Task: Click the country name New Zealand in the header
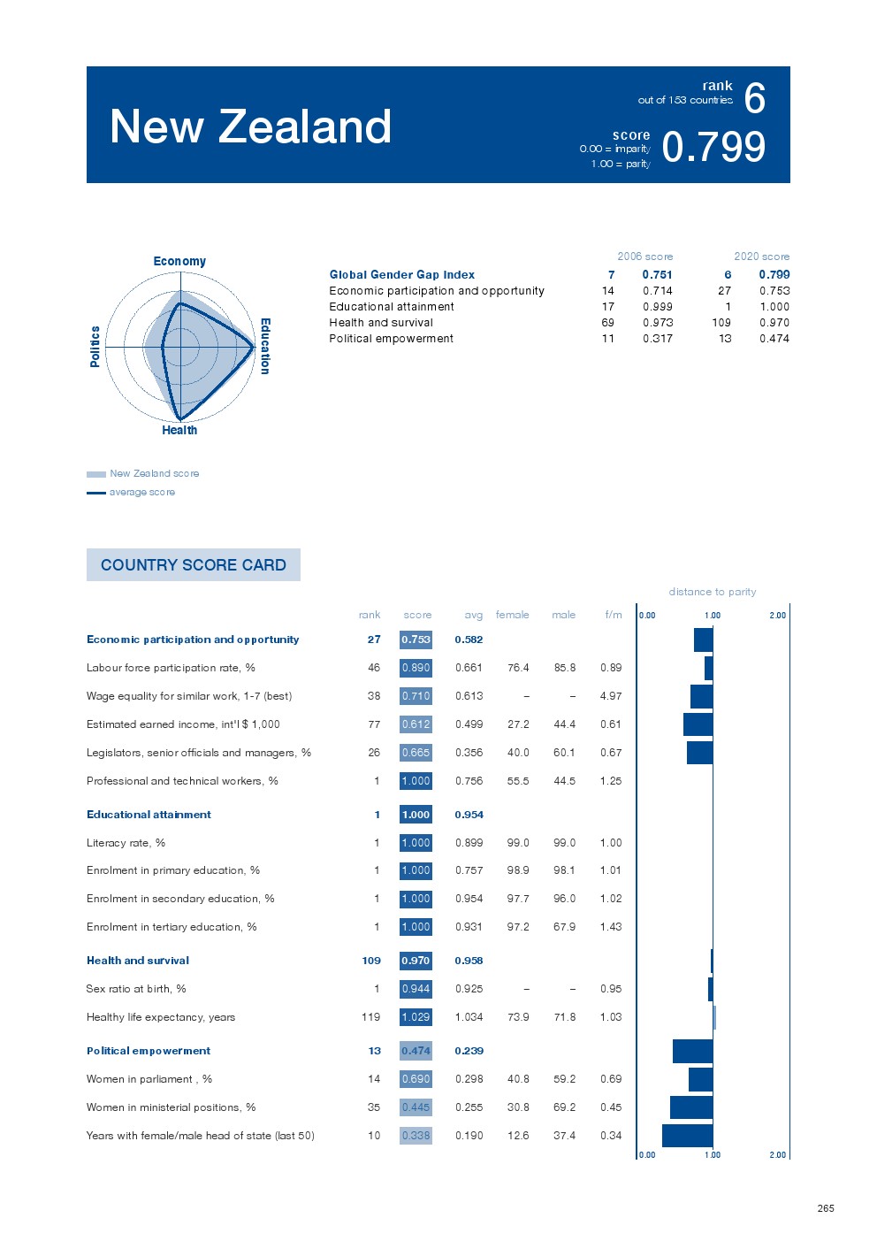pyautogui.click(x=250, y=126)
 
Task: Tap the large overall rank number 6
pyautogui.click(x=754, y=98)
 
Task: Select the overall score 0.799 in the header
pyautogui.click(x=713, y=147)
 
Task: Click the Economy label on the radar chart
pyautogui.click(x=179, y=261)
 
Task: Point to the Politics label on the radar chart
pyautogui.click(x=95, y=346)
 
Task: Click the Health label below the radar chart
pyautogui.click(x=179, y=430)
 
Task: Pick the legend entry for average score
pyautogui.click(x=141, y=492)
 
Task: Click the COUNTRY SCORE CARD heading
pyautogui.click(x=194, y=564)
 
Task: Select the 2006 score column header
pyautogui.click(x=644, y=257)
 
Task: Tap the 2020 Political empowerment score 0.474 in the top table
pyautogui.click(x=774, y=339)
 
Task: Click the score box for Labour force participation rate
pyautogui.click(x=416, y=668)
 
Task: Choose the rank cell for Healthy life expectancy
pyautogui.click(x=371, y=1017)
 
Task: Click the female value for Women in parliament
pyautogui.click(x=518, y=1079)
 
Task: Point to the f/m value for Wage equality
pyautogui.click(x=611, y=696)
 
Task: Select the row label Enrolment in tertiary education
pyautogui.click(x=172, y=927)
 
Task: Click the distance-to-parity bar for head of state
pyautogui.click(x=687, y=1136)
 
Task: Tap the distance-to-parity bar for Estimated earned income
pyautogui.click(x=698, y=724)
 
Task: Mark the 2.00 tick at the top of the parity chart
pyautogui.click(x=777, y=616)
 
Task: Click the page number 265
pyautogui.click(x=825, y=1208)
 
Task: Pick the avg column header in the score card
pyautogui.click(x=474, y=615)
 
